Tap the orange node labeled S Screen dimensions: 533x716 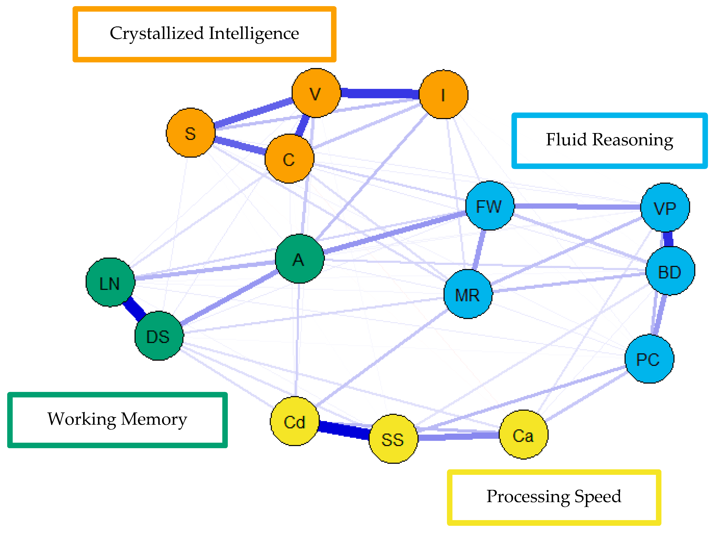(190, 133)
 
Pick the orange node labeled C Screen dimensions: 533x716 (289, 159)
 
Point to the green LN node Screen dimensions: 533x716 (110, 282)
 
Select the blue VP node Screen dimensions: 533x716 (665, 207)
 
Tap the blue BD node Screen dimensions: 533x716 (670, 271)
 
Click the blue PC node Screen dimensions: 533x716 (649, 359)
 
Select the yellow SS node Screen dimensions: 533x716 (393, 439)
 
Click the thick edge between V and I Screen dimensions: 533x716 (380, 93)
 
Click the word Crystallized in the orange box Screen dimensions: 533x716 (157, 34)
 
